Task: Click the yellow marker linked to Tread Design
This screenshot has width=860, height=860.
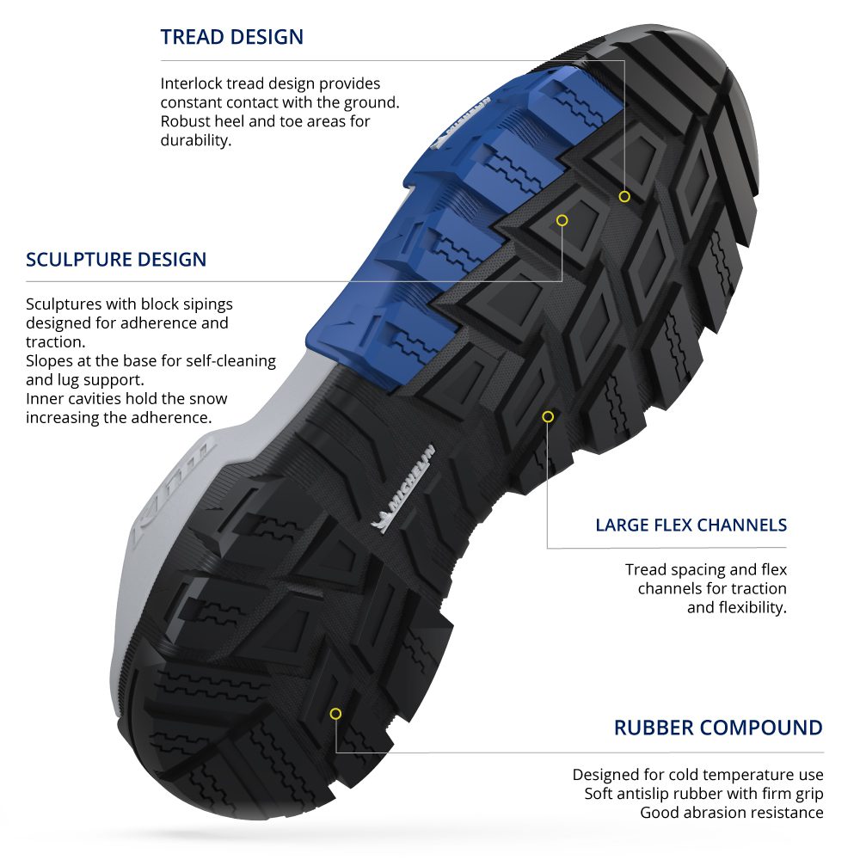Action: [624, 196]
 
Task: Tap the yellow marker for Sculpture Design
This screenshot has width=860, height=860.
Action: [562, 220]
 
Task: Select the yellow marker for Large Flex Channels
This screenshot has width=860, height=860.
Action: [548, 416]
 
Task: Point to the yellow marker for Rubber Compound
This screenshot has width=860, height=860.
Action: [335, 714]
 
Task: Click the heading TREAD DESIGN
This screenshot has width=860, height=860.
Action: [231, 37]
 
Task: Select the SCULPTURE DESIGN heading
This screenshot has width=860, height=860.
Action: [116, 259]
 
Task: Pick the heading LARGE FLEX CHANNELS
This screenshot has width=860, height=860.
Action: [691, 525]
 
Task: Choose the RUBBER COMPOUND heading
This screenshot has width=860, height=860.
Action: [718, 728]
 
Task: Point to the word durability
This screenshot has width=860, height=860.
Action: [195, 140]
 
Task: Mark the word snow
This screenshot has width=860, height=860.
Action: [210, 398]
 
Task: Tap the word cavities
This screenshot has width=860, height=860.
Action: [95, 398]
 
